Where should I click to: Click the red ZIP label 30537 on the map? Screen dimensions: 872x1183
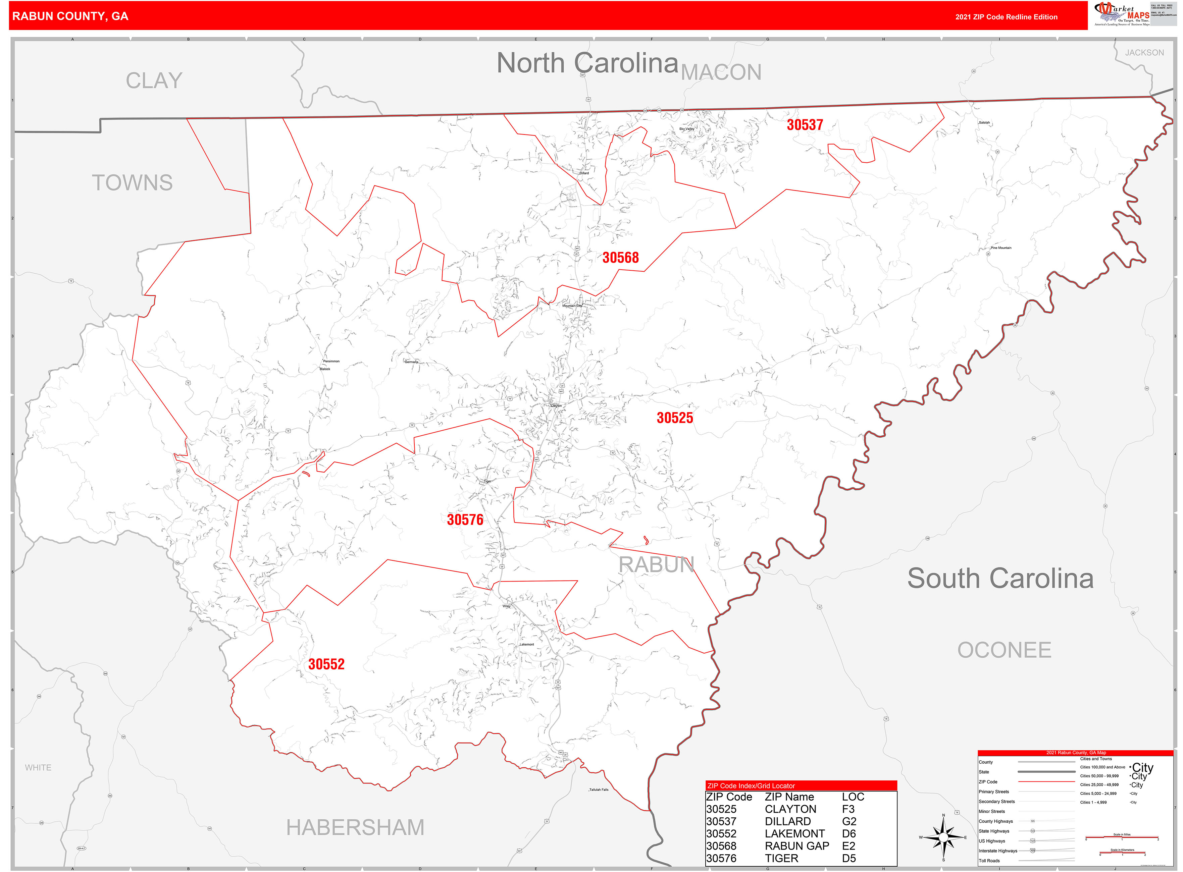click(805, 125)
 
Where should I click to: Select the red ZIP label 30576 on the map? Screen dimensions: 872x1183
click(465, 520)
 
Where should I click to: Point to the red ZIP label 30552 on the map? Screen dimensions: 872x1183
click(326, 664)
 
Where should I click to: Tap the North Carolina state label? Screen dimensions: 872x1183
click(587, 63)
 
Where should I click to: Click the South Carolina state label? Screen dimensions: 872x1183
click(1000, 579)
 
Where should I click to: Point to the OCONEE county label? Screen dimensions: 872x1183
click(1004, 650)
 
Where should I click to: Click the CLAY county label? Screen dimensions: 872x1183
click(154, 81)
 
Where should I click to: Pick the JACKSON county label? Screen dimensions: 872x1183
click(1144, 53)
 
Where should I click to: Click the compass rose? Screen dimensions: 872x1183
click(943, 838)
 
